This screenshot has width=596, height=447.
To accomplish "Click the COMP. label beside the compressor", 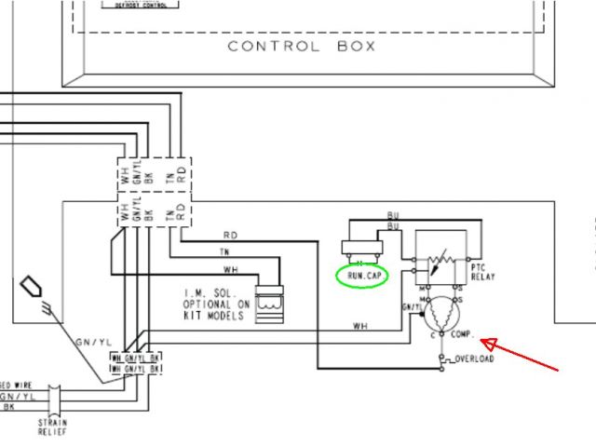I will (x=464, y=333).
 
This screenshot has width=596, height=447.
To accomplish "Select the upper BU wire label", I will (x=393, y=215).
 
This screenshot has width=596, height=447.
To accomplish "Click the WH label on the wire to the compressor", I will (x=360, y=325).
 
